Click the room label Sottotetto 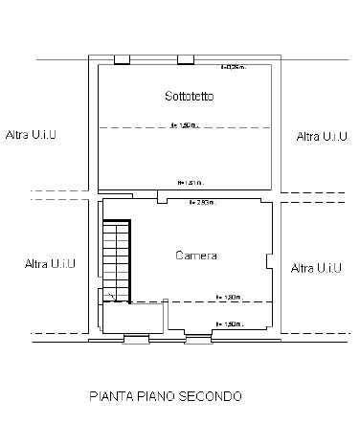point(188,98)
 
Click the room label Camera point(196,256)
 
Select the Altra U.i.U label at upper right point(322,137)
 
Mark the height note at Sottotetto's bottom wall point(191,182)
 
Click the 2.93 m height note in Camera point(201,203)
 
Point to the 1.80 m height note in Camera point(229,297)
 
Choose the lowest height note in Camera point(229,324)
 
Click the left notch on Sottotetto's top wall point(122,60)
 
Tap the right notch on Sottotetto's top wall point(185,60)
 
